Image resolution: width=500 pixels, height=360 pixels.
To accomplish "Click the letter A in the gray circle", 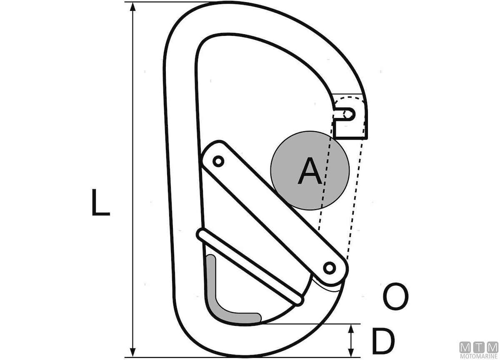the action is click(x=310, y=171).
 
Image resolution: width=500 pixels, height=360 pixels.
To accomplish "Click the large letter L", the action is click(x=101, y=202).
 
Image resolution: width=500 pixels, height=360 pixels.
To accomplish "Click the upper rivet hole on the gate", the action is click(x=218, y=161).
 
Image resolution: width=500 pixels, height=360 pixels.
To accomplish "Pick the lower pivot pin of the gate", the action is click(x=330, y=268).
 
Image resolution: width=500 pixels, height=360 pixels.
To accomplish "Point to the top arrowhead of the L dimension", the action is click(x=133, y=7).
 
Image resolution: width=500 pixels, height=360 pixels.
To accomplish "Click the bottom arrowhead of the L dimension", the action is click(x=133, y=352).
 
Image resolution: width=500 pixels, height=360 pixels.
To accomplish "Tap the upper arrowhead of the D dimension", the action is click(x=351, y=329).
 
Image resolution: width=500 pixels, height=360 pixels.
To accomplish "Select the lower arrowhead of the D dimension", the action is click(x=351, y=352).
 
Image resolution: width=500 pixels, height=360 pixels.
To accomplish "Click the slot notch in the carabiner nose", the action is click(x=345, y=114).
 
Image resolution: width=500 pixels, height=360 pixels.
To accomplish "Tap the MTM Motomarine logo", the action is click(x=479, y=351).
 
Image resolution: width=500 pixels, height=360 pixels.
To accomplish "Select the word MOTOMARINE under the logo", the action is click(x=479, y=356).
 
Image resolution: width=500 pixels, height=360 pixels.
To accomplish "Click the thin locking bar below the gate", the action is click(x=250, y=267).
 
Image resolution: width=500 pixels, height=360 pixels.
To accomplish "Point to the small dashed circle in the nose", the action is click(x=347, y=114).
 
